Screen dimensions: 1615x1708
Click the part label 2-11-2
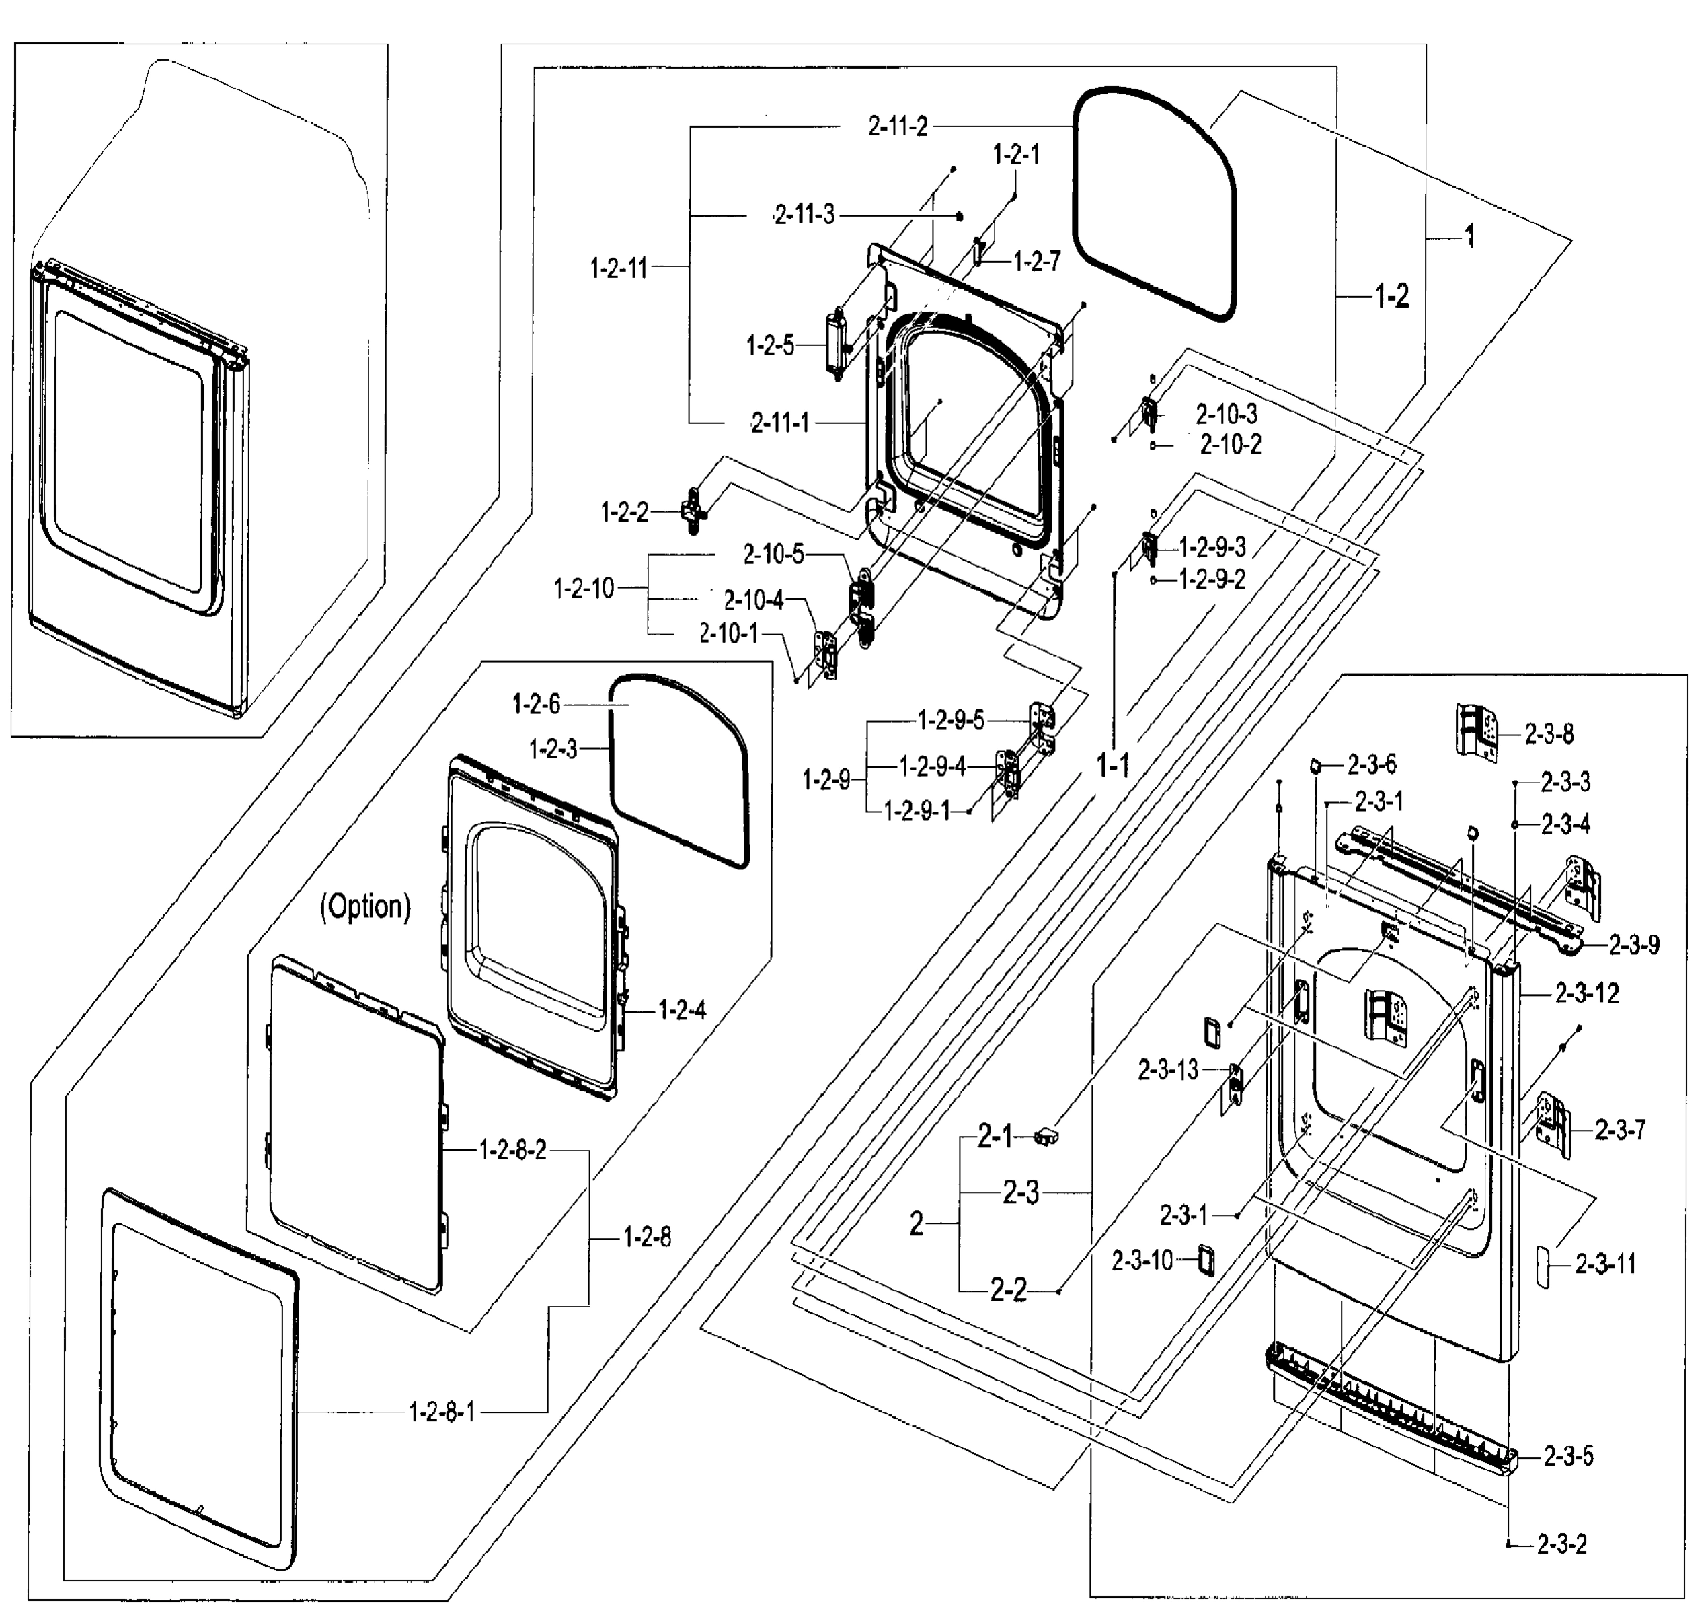898,127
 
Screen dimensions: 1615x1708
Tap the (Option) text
365,906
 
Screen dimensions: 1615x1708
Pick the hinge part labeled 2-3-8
1477,731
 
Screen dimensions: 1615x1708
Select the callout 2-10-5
773,554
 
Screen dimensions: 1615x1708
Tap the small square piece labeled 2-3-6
1316,764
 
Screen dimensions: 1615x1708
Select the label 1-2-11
618,268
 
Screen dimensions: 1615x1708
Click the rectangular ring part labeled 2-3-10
1209,1260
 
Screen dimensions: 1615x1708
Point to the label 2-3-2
1561,1544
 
